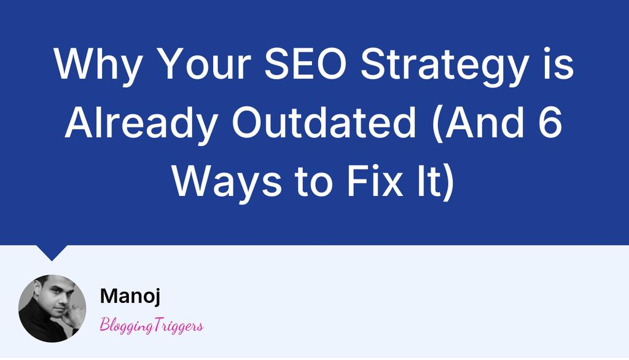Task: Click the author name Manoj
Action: [x=130, y=296]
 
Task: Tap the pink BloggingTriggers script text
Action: [x=151, y=326]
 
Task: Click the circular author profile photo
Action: [x=52, y=308]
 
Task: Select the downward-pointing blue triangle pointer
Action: [x=52, y=251]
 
